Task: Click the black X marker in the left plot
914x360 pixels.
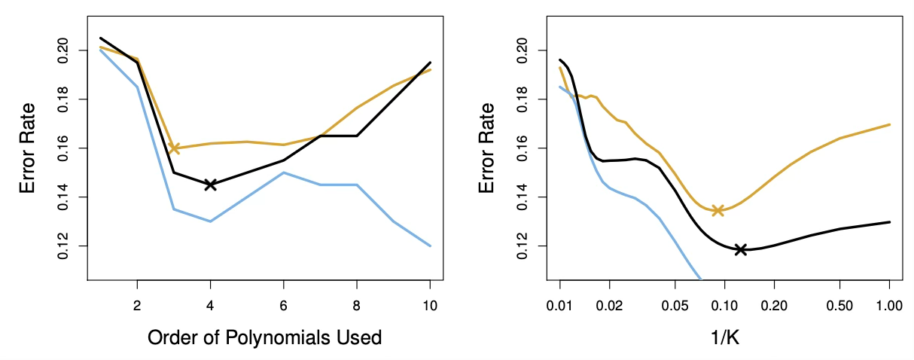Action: pos(211,185)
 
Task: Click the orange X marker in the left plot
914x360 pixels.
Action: pos(174,148)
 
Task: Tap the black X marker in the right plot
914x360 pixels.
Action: pos(741,249)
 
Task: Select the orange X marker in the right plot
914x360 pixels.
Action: pos(717,210)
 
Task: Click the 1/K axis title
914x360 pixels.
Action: pos(724,337)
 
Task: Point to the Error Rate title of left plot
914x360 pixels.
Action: pos(28,148)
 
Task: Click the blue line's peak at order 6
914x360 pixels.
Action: pos(284,172)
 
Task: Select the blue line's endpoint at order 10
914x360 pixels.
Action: pos(430,246)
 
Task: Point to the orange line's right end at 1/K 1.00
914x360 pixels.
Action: pos(889,124)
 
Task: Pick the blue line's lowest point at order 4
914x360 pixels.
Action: pos(211,221)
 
